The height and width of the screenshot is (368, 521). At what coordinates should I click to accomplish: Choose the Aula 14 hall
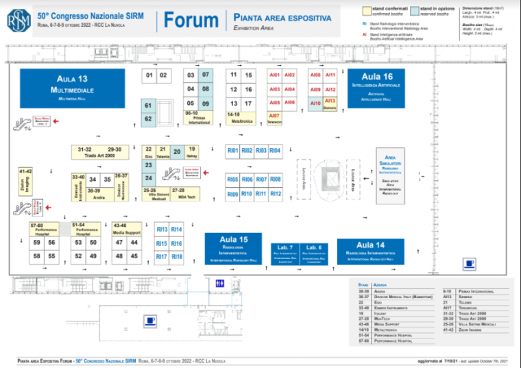tap(370, 250)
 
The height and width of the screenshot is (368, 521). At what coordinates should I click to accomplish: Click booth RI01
tap(233, 150)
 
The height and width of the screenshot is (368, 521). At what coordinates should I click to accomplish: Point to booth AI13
tap(330, 101)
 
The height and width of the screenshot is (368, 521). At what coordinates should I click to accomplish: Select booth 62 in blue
tap(148, 118)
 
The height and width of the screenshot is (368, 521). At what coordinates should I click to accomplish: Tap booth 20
tap(177, 152)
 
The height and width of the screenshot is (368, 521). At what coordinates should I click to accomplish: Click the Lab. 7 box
tap(285, 251)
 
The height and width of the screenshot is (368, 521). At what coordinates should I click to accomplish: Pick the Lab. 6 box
tap(314, 251)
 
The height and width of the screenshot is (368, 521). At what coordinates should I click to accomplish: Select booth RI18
tap(177, 256)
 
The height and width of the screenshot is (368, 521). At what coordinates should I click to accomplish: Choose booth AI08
tap(315, 75)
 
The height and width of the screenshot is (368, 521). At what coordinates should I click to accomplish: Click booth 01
tap(149, 75)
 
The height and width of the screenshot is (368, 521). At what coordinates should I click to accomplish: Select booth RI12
tap(276, 194)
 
